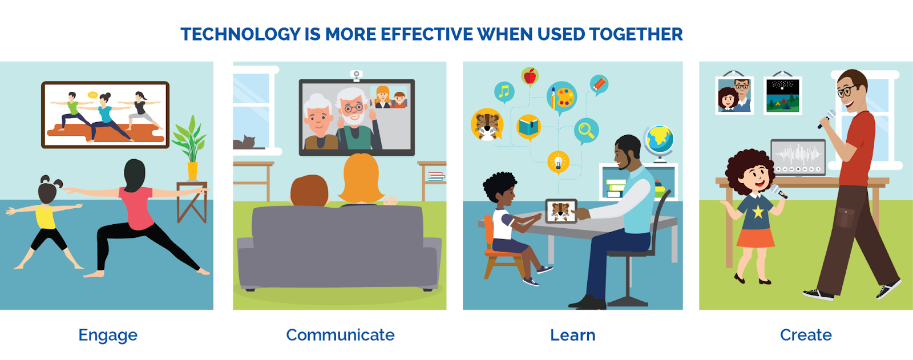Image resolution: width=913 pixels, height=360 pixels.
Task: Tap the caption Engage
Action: pos(108,335)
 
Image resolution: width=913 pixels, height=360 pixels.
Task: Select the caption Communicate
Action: pos(340,335)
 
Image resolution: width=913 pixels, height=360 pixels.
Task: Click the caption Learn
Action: pos(573,335)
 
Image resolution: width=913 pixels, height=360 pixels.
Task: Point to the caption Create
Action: pos(806,335)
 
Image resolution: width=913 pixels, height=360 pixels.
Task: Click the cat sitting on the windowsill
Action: pos(244,142)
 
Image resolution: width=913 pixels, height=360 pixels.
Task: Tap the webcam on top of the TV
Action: pos(356,75)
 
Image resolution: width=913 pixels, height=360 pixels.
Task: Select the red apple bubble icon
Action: pos(530,77)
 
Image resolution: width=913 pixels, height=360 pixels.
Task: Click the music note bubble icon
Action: pos(504,92)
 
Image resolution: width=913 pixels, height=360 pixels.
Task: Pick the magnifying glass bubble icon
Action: pos(586,131)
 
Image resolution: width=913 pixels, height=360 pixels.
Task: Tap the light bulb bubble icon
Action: pos(558,162)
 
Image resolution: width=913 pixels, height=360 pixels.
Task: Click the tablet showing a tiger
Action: pos(561,211)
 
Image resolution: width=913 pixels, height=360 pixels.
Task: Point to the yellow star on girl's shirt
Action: pos(758,212)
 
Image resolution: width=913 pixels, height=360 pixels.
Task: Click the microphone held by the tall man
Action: pos(827,119)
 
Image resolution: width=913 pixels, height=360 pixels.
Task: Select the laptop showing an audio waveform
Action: pos(798,158)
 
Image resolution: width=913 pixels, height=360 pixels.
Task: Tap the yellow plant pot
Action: pos(192,171)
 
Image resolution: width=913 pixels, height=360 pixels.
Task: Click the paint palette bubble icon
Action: pos(561,98)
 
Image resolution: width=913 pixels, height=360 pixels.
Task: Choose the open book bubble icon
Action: pos(528,127)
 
